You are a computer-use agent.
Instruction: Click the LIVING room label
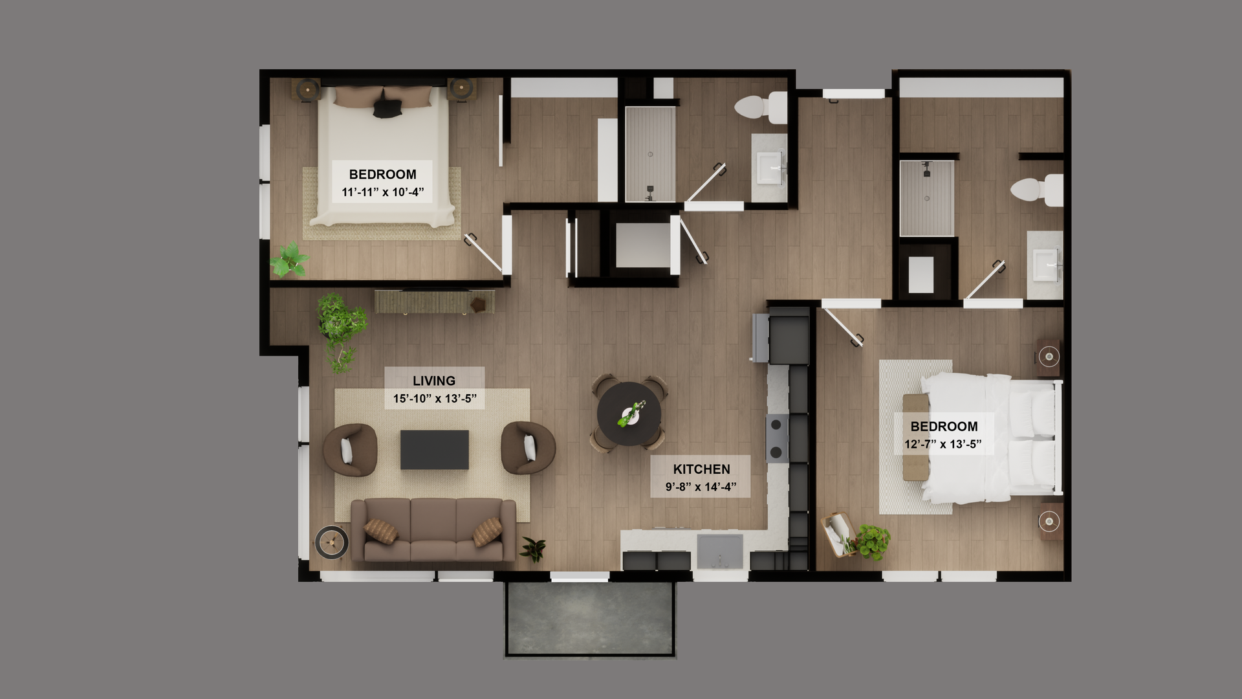434,381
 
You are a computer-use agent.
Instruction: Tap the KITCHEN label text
701,469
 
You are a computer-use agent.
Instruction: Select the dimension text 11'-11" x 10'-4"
382,192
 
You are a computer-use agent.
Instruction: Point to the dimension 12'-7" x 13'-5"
943,444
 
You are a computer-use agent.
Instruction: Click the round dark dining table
629,414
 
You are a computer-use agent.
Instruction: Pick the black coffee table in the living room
434,449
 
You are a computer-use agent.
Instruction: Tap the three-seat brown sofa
433,529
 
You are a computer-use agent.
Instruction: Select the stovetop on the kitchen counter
777,438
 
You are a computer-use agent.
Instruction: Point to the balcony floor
590,618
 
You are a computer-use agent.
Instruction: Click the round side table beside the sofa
332,542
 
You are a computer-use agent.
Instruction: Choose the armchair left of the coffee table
349,450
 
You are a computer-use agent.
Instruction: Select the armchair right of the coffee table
528,448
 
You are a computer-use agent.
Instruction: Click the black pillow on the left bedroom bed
387,105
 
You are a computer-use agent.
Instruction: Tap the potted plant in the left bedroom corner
289,260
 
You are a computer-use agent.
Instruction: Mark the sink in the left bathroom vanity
769,166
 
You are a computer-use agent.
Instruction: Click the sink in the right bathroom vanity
1045,265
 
